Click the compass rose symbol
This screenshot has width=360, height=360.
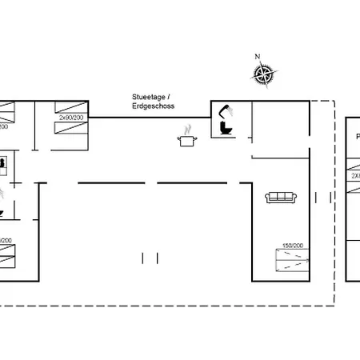pyautogui.click(x=262, y=74)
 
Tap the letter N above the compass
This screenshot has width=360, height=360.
pyautogui.click(x=257, y=57)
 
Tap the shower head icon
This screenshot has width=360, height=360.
pyautogui.click(x=226, y=111)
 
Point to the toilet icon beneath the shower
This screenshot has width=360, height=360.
pyautogui.click(x=224, y=127)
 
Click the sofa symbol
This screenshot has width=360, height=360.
pyautogui.click(x=281, y=197)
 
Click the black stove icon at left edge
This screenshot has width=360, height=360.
pyautogui.click(x=3, y=163)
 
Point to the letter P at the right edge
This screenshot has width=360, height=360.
pyautogui.click(x=357, y=137)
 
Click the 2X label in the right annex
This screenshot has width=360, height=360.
pyautogui.click(x=354, y=174)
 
